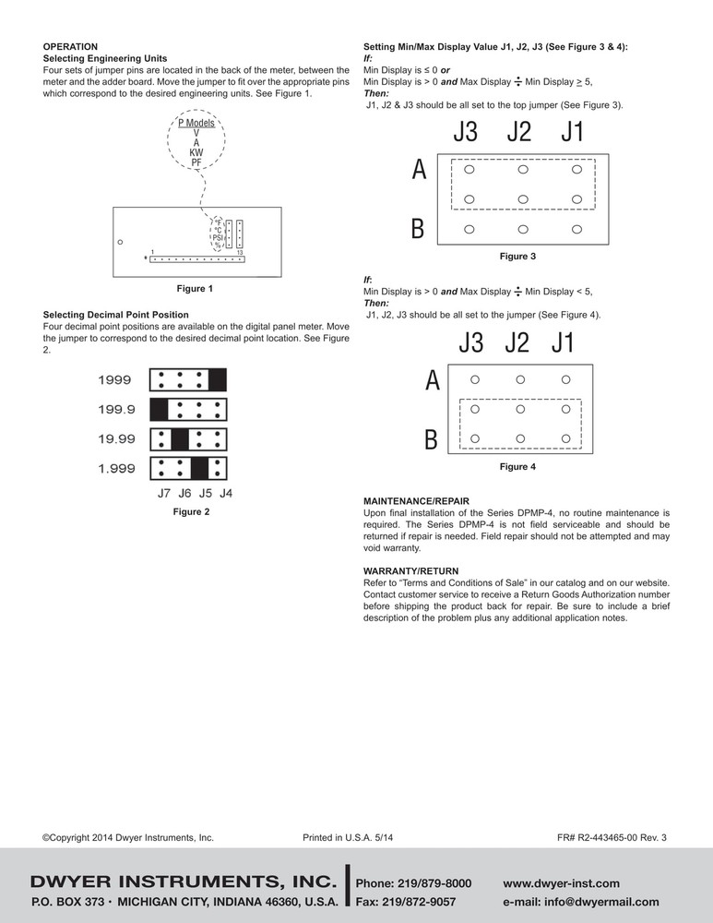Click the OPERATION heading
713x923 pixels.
pyautogui.click(x=70, y=46)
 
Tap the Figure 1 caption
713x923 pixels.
pyautogui.click(x=191, y=289)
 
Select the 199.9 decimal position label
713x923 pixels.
pyautogui.click(x=115, y=409)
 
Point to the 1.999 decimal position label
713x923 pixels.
pyautogui.click(x=115, y=469)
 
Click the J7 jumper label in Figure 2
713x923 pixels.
pyautogui.click(x=164, y=493)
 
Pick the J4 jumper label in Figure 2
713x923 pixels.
pyautogui.click(x=225, y=493)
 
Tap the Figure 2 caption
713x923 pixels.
pyautogui.click(x=191, y=511)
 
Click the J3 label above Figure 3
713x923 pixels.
pyautogui.click(x=466, y=133)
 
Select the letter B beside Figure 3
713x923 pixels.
pyautogui.click(x=418, y=229)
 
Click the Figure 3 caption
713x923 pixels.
pyautogui.click(x=517, y=256)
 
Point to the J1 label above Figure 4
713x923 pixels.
pyautogui.click(x=563, y=344)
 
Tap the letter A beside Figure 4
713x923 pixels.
pyautogui.click(x=432, y=379)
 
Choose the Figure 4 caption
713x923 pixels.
pyautogui.click(x=517, y=467)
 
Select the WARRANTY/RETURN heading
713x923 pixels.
pyautogui.click(x=410, y=571)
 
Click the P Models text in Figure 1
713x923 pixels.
pyautogui.click(x=196, y=123)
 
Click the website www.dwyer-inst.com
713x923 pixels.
pyautogui.click(x=561, y=883)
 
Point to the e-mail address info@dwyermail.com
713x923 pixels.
pyautogui.click(x=581, y=902)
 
